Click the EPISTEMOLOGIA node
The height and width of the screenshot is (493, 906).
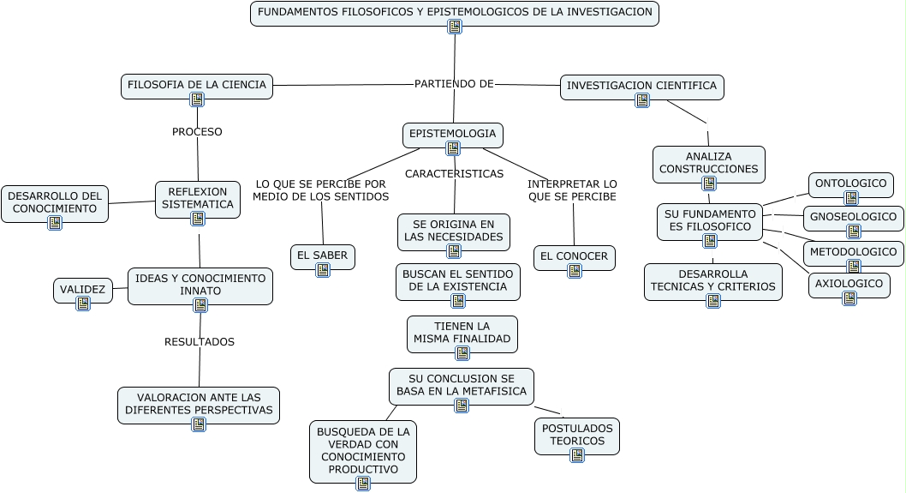click(x=452, y=134)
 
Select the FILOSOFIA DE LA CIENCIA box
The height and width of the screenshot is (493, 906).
click(x=197, y=85)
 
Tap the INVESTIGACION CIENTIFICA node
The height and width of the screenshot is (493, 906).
click(x=641, y=86)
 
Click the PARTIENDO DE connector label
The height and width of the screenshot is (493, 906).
click(x=454, y=83)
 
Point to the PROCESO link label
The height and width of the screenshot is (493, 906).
click(x=197, y=132)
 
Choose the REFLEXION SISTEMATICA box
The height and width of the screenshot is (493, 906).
click(x=198, y=198)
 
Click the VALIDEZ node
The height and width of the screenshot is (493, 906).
click(x=83, y=290)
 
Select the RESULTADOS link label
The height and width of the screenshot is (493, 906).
click(x=200, y=342)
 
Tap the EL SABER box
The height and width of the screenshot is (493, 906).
click(x=322, y=256)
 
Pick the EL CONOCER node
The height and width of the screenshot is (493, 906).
click(x=574, y=256)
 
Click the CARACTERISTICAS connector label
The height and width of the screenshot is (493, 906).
click(x=454, y=174)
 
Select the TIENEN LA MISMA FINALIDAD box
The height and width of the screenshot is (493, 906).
click(x=462, y=333)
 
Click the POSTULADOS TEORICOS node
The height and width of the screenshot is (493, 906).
click(x=576, y=435)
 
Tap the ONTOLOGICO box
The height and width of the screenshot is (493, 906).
click(x=850, y=183)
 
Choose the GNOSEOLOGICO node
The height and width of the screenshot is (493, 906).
click(x=853, y=217)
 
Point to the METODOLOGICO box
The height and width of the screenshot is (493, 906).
click(x=853, y=252)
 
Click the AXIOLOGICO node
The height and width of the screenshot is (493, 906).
click(x=849, y=283)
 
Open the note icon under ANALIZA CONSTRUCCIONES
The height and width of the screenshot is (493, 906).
click(x=709, y=183)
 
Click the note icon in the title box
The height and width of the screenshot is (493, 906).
click(x=455, y=27)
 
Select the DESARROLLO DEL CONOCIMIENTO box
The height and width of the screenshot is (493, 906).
click(x=55, y=202)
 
